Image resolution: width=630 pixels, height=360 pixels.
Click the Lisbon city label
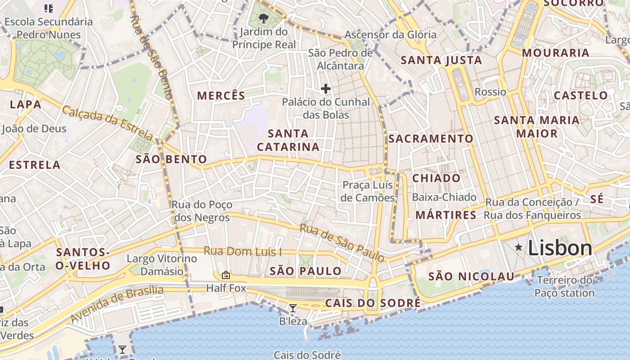coord(560,248)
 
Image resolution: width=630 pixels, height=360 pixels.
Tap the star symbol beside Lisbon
coord(519,247)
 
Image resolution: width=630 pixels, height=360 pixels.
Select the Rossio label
coord(490,92)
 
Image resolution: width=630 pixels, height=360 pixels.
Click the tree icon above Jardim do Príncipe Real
coord(264,18)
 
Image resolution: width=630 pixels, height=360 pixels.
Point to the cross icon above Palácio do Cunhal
coord(325,89)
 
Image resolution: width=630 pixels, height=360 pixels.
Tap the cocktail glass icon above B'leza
coord(293,308)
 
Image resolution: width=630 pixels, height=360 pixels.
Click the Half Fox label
coord(226,288)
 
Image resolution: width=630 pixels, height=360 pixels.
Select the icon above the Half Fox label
coord(226,274)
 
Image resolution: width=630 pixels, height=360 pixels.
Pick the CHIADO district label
coord(436,178)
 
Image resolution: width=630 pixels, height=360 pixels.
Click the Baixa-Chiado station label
coord(444,197)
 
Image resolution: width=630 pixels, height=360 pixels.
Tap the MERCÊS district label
coord(221,95)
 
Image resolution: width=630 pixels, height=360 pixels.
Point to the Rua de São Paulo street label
coord(342,243)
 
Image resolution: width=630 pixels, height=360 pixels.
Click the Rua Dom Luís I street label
coord(243,251)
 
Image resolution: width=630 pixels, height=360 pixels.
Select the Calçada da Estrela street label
coord(108,122)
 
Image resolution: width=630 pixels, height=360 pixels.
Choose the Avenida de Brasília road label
coord(117,304)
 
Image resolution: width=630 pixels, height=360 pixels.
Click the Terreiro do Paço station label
coord(564,287)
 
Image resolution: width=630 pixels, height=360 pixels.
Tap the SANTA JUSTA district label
coord(441,60)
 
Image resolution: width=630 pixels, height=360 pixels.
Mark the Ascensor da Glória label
coord(390,35)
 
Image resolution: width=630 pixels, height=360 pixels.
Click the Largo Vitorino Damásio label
coord(162,265)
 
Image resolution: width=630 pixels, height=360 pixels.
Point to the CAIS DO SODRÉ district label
coord(373,303)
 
